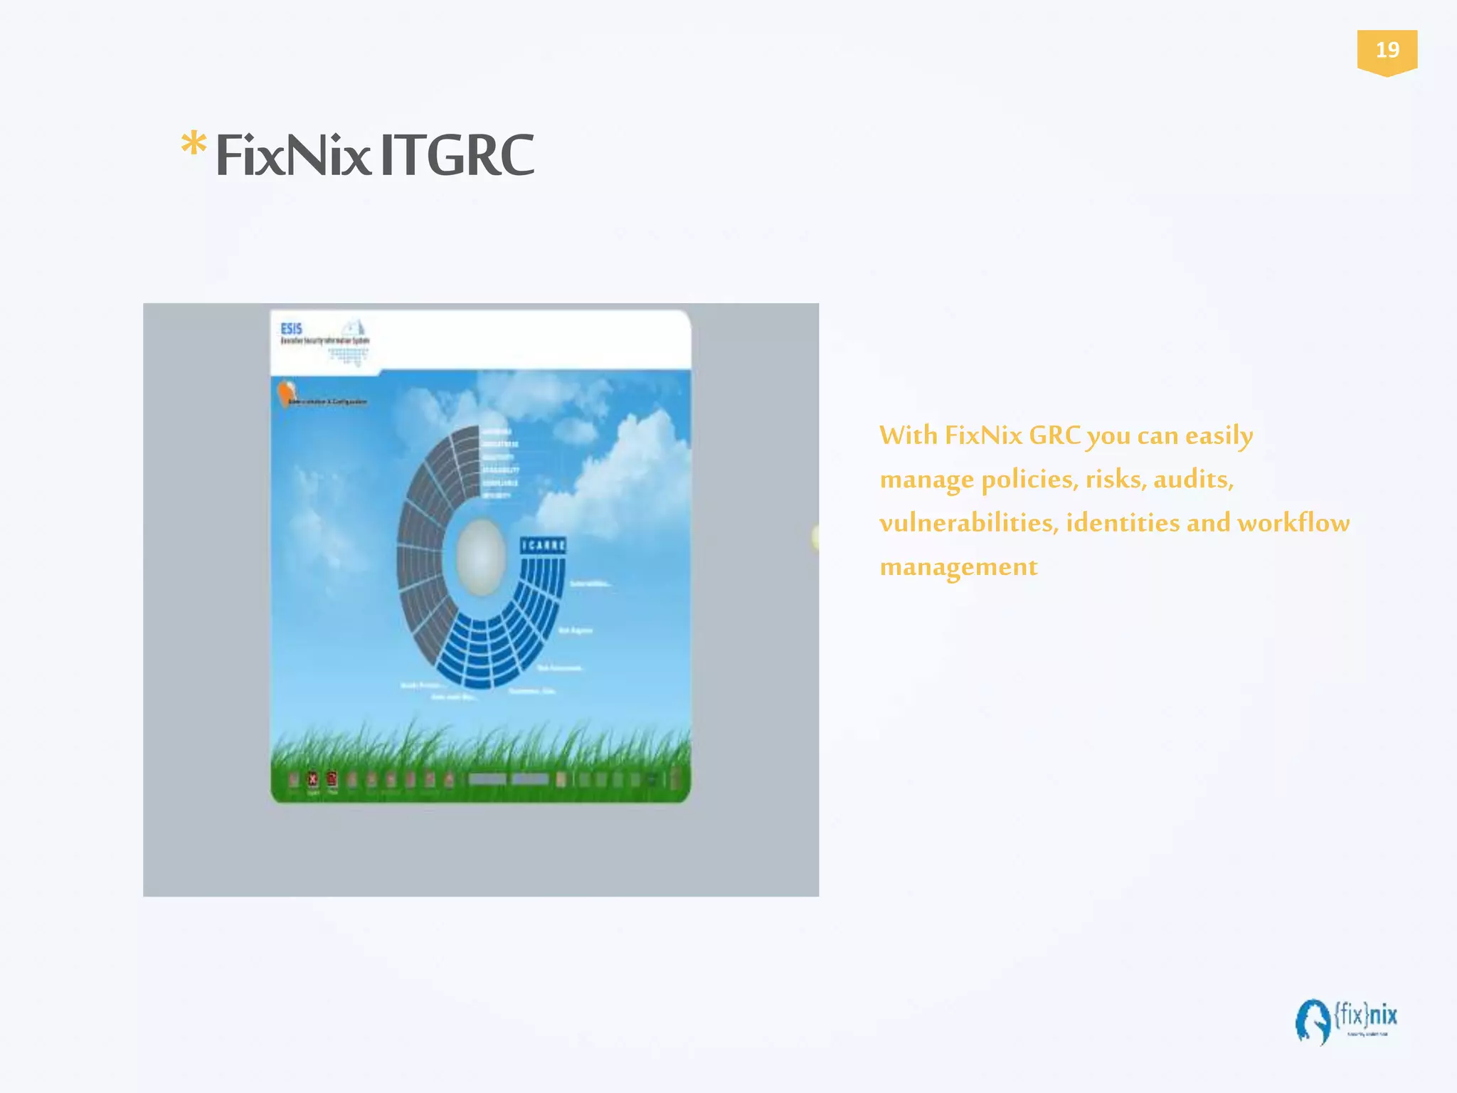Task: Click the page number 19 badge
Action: coord(1387,51)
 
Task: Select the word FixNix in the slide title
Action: coord(292,155)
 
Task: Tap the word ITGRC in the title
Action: coord(457,155)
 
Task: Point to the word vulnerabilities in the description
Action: coord(969,523)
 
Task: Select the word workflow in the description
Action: coord(1293,523)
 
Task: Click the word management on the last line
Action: coord(958,567)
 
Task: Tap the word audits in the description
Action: coord(1193,480)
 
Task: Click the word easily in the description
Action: coord(1219,436)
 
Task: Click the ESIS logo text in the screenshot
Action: coord(292,329)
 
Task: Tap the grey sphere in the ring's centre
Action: coord(481,556)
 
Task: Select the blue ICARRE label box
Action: coord(543,546)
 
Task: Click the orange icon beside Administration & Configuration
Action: coord(287,392)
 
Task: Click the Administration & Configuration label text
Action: coord(328,402)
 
